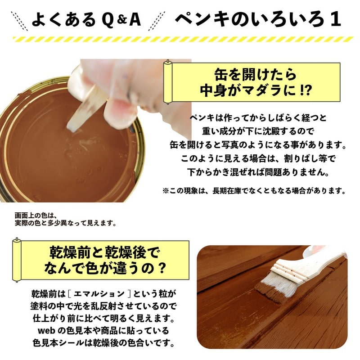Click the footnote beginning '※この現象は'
(254, 190)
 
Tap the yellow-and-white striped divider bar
(180, 39)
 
